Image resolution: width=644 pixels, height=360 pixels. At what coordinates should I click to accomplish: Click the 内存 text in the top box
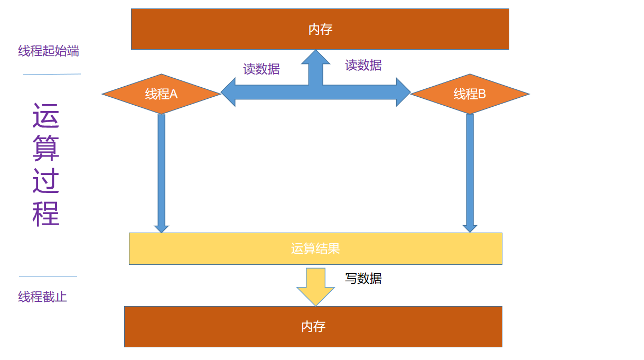320,29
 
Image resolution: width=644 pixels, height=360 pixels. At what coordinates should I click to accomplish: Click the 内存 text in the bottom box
313,327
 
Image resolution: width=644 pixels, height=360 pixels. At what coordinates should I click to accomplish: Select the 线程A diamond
161,94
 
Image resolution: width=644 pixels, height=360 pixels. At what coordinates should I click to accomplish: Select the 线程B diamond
470,94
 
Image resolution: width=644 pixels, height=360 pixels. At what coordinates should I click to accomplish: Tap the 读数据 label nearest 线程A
262,69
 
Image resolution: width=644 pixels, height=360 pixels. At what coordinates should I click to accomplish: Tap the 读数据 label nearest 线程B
363,65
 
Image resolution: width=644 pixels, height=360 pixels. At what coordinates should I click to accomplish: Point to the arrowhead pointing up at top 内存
315,58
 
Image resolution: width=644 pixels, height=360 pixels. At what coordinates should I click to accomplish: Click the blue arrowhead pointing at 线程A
228,92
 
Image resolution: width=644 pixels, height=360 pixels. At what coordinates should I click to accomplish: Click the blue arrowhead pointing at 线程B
403,92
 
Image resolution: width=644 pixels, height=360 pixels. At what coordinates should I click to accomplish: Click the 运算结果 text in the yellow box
315,248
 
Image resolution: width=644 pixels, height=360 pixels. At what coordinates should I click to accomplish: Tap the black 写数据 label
363,279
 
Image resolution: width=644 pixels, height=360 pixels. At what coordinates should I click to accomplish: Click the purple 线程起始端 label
49,51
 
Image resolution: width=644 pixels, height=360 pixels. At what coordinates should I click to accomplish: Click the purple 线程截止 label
43,297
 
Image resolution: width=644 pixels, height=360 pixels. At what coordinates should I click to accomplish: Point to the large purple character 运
46,116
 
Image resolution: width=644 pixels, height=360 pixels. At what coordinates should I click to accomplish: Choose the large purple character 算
46,149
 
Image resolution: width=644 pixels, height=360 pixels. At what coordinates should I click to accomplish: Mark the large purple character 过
46,181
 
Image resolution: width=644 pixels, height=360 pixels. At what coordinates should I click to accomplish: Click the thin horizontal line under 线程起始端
52,74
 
